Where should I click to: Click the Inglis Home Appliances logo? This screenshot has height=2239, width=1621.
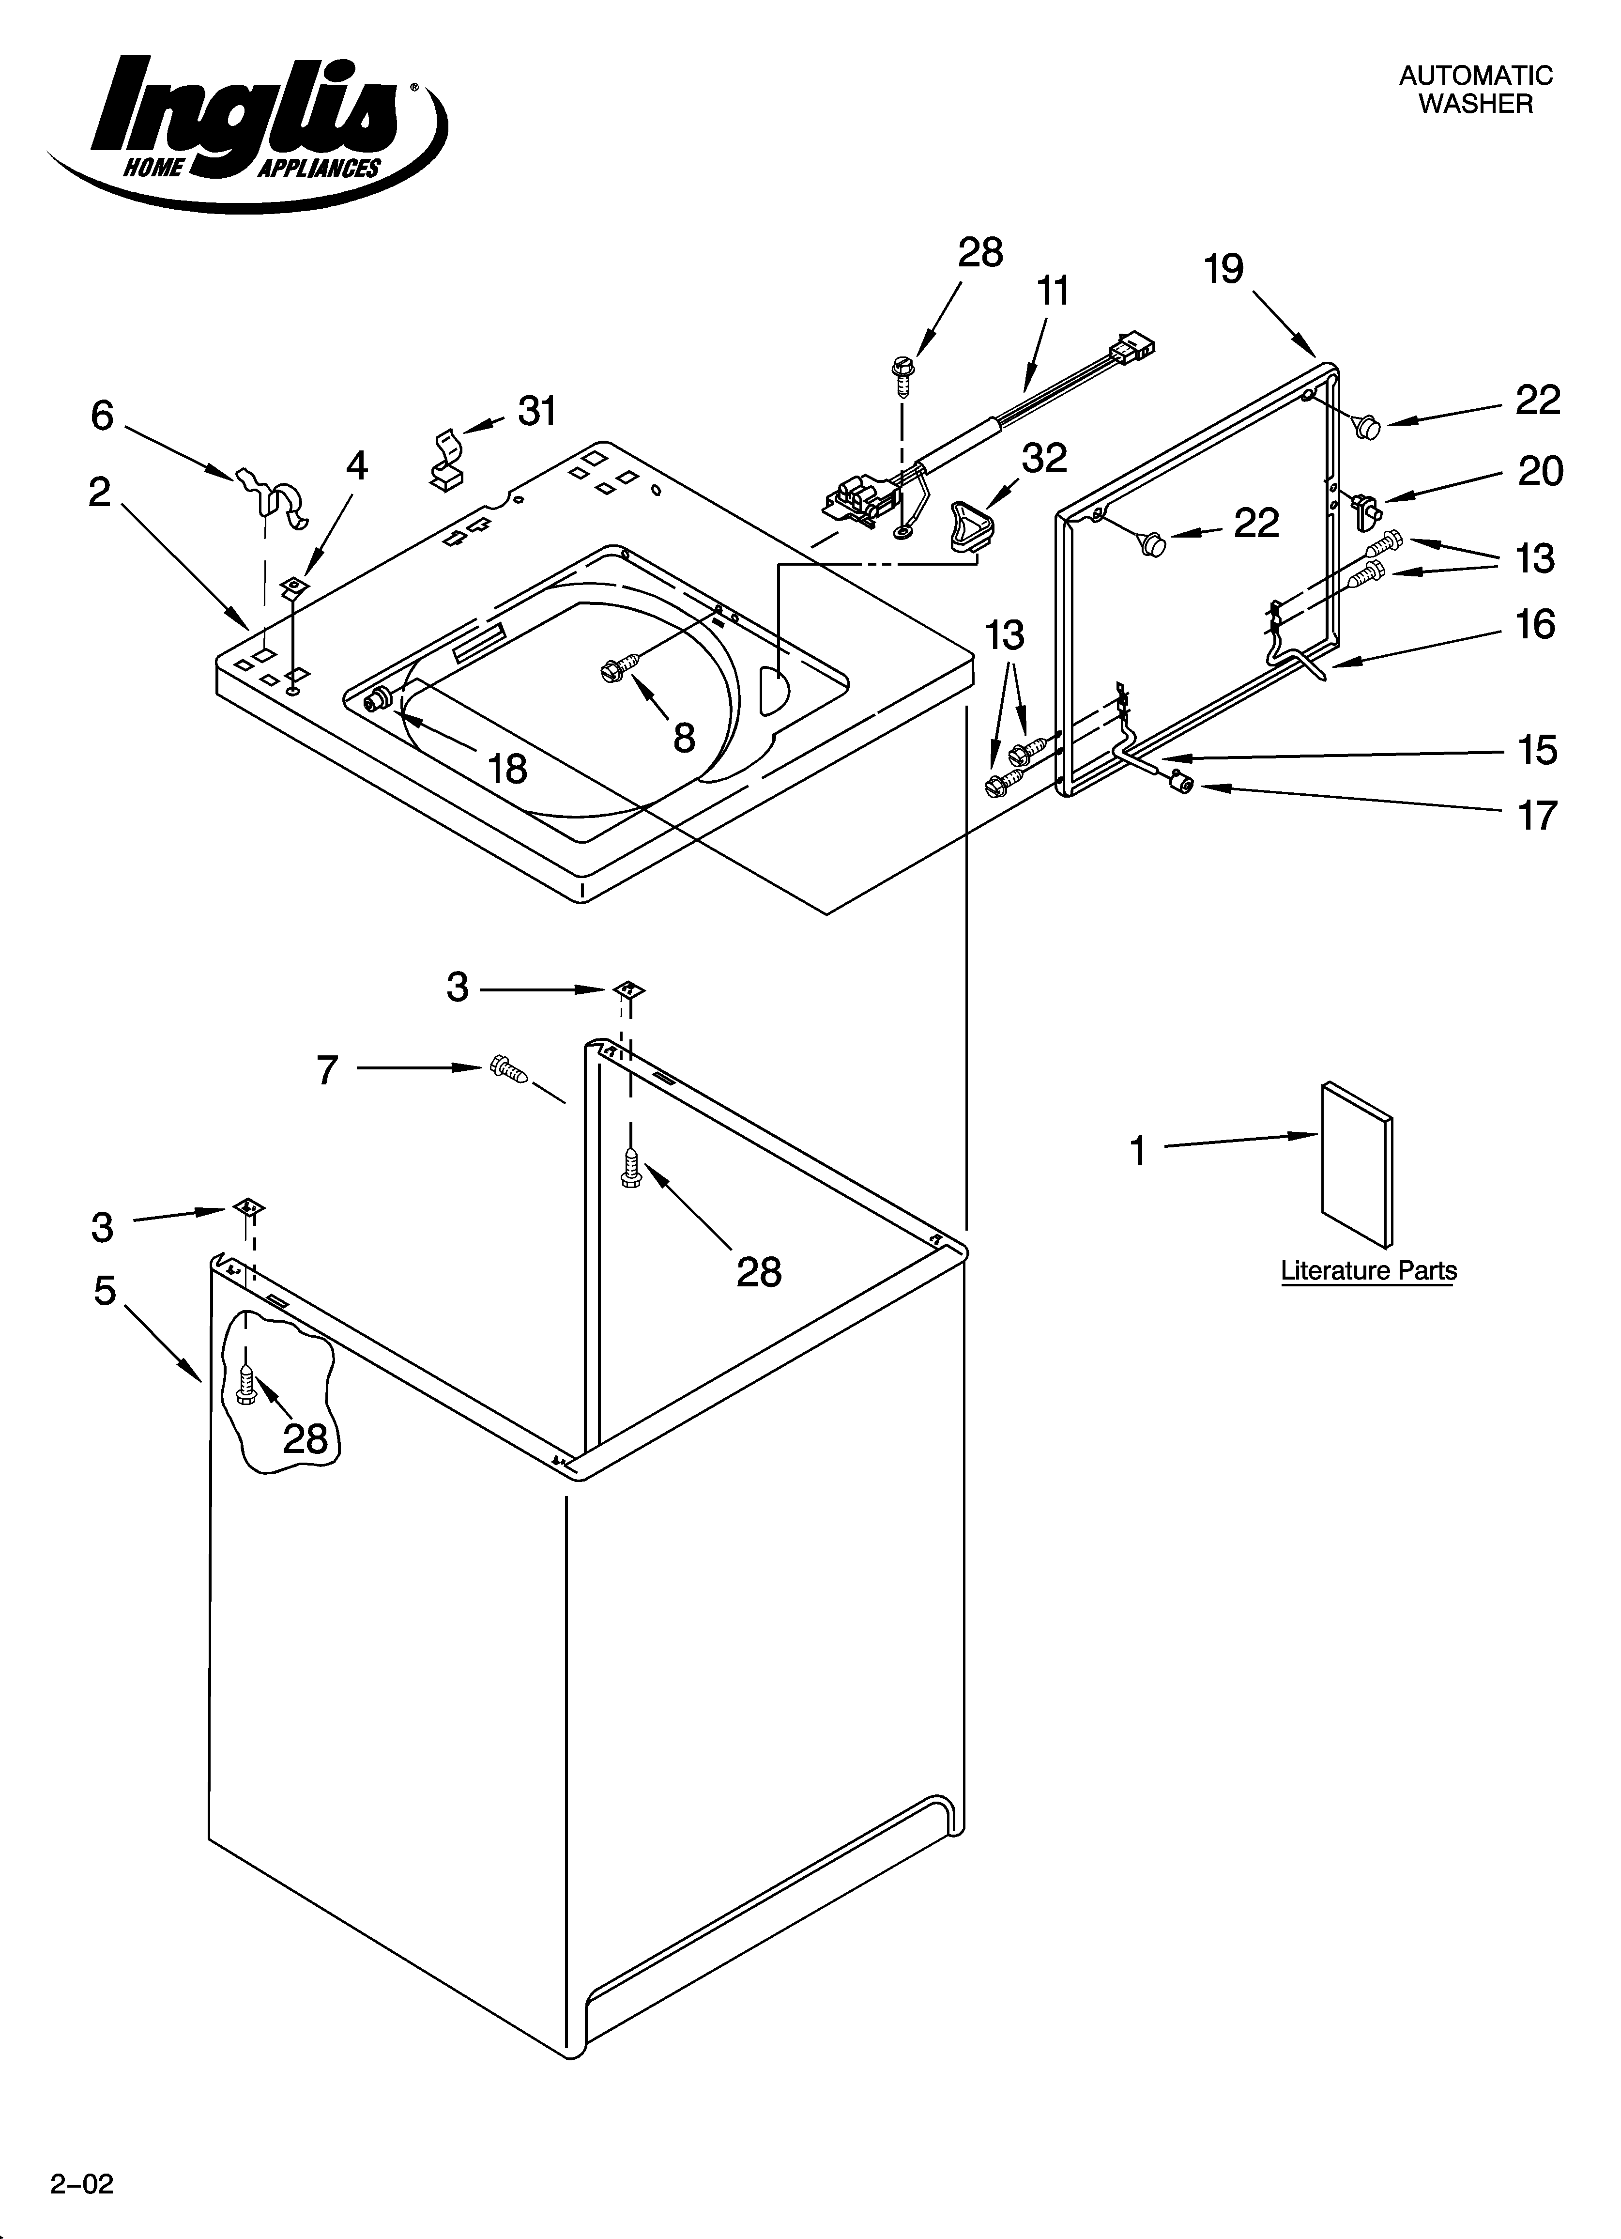247,128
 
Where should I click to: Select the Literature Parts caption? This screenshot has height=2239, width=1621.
1368,1270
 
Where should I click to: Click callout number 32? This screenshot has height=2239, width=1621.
1044,458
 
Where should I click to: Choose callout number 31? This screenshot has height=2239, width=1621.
537,411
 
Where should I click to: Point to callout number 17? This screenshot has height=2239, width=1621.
1536,816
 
